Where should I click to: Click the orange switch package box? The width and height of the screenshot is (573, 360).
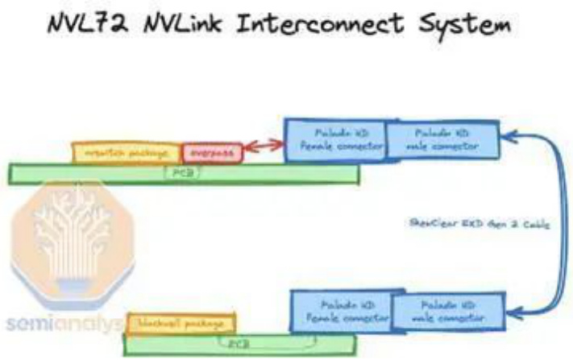127,152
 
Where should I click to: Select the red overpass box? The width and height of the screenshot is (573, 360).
212,152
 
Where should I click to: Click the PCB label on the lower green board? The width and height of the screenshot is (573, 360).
239,342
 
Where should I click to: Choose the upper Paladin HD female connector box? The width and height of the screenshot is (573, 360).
334,140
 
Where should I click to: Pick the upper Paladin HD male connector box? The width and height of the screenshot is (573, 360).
442,139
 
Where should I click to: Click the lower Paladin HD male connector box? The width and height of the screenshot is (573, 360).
447,312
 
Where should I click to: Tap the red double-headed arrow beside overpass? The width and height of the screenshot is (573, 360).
263,147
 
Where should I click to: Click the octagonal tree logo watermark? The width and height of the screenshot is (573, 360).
68,242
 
